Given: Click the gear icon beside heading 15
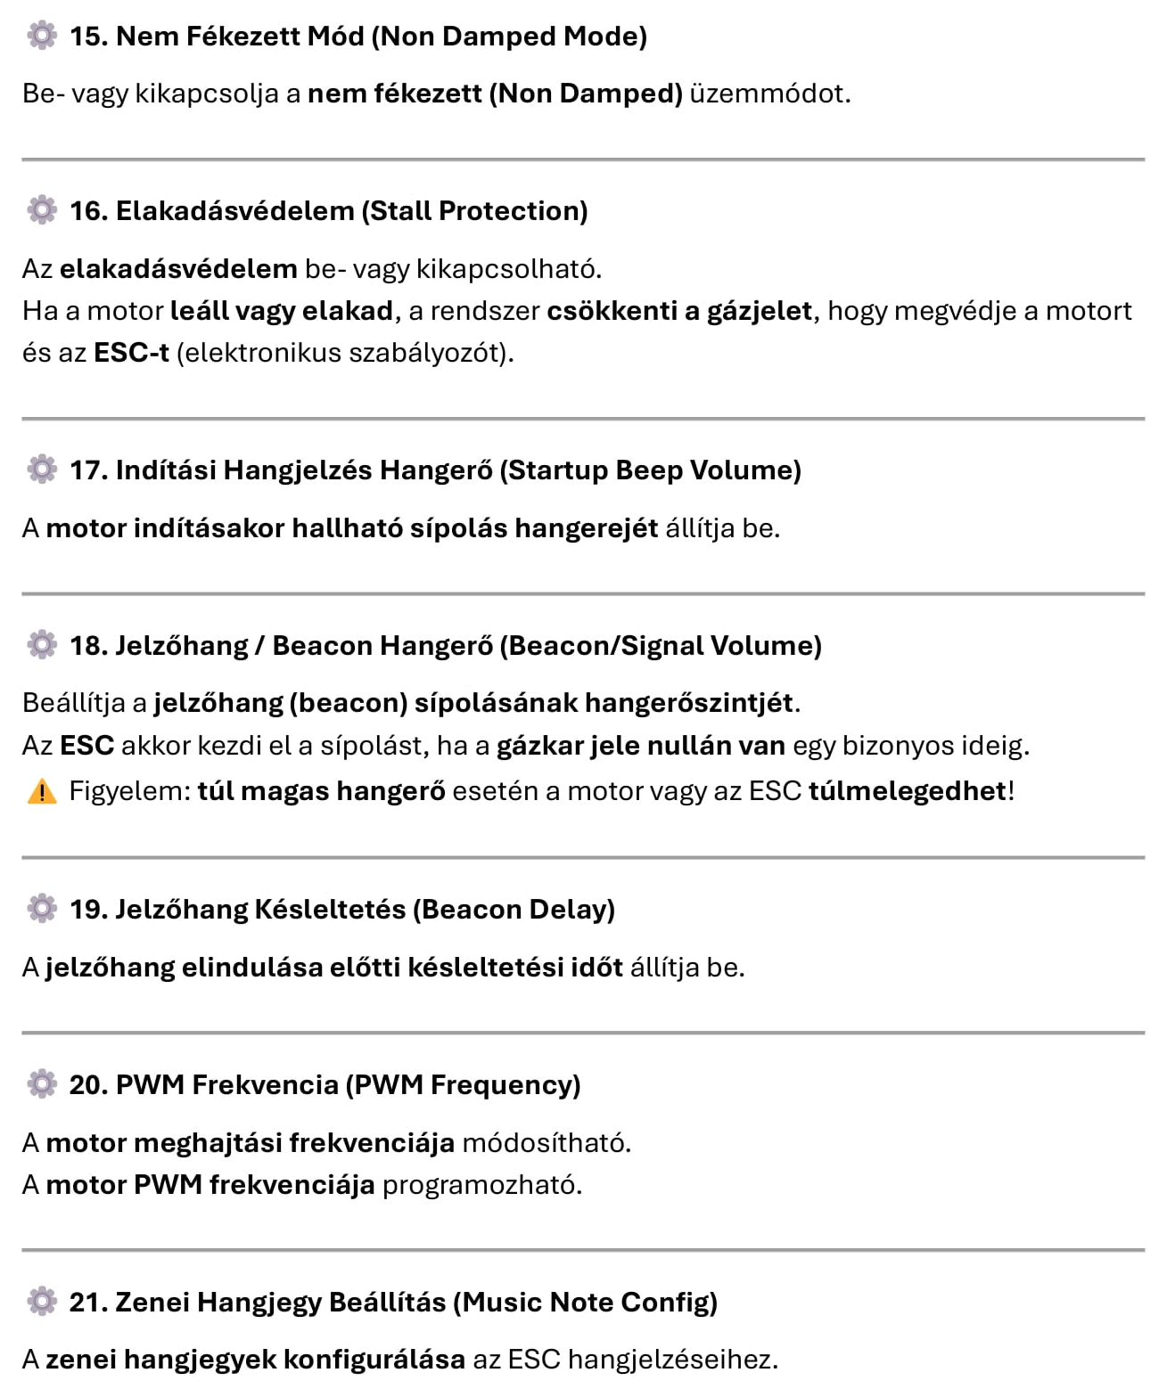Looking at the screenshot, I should point(42,36).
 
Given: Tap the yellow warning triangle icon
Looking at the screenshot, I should point(42,791).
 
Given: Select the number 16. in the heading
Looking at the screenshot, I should point(88,211).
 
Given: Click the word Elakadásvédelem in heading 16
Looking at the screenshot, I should point(235,211).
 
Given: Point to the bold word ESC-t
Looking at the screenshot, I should point(131,353).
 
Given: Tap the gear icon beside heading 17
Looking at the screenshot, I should point(42,470).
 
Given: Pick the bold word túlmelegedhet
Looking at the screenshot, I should point(908,791).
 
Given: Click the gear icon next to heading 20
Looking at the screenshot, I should point(42,1084).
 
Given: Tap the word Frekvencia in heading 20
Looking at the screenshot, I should point(265,1085).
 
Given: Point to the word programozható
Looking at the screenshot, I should point(481,1186).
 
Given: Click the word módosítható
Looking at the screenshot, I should point(546,1143).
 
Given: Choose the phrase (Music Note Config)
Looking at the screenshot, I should point(585,1303).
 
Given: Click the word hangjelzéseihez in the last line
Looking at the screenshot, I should point(672,1360).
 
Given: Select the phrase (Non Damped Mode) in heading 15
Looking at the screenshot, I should point(509,37).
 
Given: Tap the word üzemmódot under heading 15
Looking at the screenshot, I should point(769,94).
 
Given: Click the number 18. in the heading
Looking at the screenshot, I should point(88,646).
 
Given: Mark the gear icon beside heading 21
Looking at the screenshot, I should point(42,1302).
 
